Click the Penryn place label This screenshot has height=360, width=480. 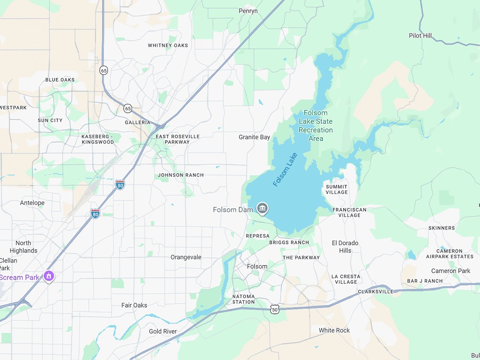248,11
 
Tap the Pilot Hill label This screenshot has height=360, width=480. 420,36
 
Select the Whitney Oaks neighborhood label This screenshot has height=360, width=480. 168,46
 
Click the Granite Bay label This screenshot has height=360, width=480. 254,137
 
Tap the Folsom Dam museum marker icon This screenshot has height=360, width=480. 263,208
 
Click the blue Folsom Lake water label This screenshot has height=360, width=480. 285,169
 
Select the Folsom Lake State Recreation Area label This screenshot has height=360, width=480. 315,126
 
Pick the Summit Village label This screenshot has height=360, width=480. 336,190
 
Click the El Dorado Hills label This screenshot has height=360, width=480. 345,247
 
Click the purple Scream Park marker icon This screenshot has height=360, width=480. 48,276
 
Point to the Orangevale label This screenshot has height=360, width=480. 186,257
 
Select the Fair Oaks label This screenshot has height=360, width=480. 134,305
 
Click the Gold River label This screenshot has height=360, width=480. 163,332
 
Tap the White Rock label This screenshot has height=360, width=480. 334,330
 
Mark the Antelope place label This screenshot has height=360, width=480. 32,203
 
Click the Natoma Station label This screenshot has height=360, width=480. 243,299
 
